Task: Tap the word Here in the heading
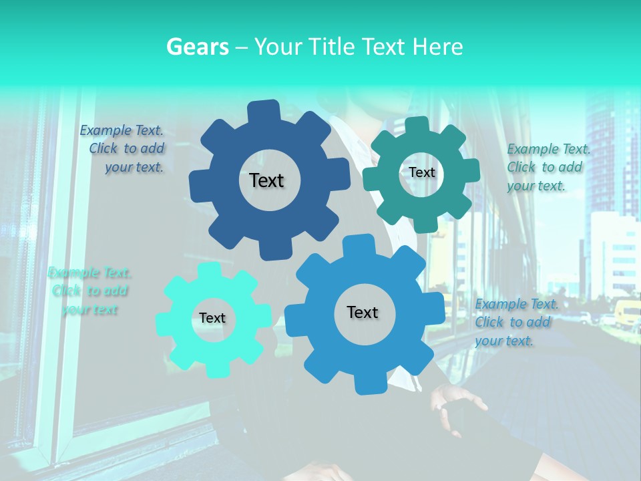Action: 437,47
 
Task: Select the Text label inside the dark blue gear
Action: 266,180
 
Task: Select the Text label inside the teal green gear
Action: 421,172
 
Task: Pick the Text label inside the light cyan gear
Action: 212,319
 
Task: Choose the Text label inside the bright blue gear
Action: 363,312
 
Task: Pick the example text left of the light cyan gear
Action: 89,291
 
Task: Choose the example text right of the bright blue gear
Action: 515,322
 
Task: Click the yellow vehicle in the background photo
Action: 628,313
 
